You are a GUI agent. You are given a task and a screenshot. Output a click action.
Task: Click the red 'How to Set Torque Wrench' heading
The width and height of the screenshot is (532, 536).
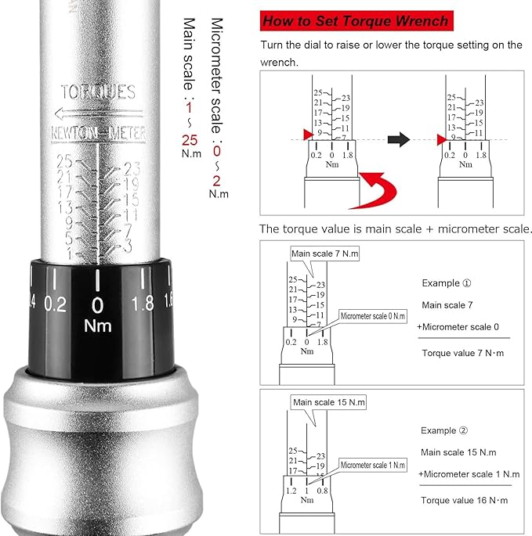[356, 21]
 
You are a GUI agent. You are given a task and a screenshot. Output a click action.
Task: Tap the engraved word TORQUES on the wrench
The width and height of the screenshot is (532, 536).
[98, 92]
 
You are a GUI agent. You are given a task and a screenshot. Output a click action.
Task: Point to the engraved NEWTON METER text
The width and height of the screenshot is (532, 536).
[98, 133]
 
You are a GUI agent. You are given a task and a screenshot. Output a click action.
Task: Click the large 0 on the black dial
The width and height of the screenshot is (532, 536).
[97, 304]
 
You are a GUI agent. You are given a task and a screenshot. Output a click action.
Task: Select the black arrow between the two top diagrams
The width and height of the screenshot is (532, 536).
[400, 139]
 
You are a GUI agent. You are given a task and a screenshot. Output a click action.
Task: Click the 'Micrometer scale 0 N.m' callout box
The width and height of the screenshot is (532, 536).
[373, 315]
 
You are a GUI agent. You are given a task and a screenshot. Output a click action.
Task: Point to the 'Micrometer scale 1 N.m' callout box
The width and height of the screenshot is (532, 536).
[373, 465]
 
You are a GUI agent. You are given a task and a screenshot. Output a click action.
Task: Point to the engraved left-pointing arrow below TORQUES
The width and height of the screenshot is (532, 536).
[97, 113]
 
